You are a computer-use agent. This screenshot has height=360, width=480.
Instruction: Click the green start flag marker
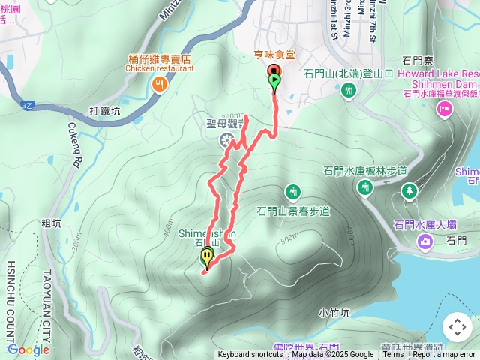click(x=275, y=79)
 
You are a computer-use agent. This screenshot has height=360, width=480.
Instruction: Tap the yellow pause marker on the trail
click(x=207, y=256)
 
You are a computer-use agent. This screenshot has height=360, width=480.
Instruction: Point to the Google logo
click(x=28, y=349)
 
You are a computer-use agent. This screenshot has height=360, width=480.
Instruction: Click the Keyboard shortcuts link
click(x=250, y=355)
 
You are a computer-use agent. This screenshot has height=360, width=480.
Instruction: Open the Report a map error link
click(x=444, y=355)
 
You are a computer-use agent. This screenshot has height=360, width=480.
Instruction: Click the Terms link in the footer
click(x=393, y=355)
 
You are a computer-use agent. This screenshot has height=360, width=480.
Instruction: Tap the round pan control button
click(x=457, y=327)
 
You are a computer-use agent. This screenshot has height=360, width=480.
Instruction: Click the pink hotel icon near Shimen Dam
click(x=444, y=109)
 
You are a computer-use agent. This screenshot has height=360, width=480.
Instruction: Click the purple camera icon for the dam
click(x=425, y=241)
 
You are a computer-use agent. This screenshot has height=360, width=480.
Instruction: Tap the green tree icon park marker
click(x=409, y=191)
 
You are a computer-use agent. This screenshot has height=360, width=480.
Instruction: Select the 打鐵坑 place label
click(x=105, y=110)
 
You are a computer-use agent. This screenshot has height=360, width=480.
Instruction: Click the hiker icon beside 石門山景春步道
click(x=293, y=192)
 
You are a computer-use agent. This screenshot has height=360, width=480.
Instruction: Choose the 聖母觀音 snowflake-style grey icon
click(x=225, y=140)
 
